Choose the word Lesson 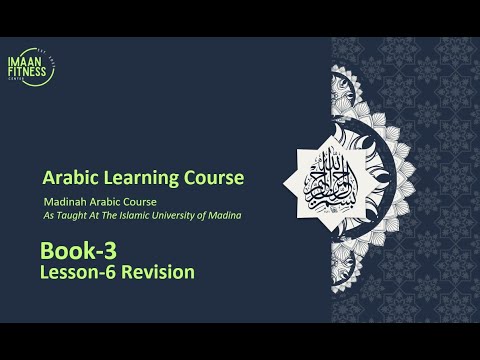71,271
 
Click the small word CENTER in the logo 31,81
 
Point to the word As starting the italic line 47,213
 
